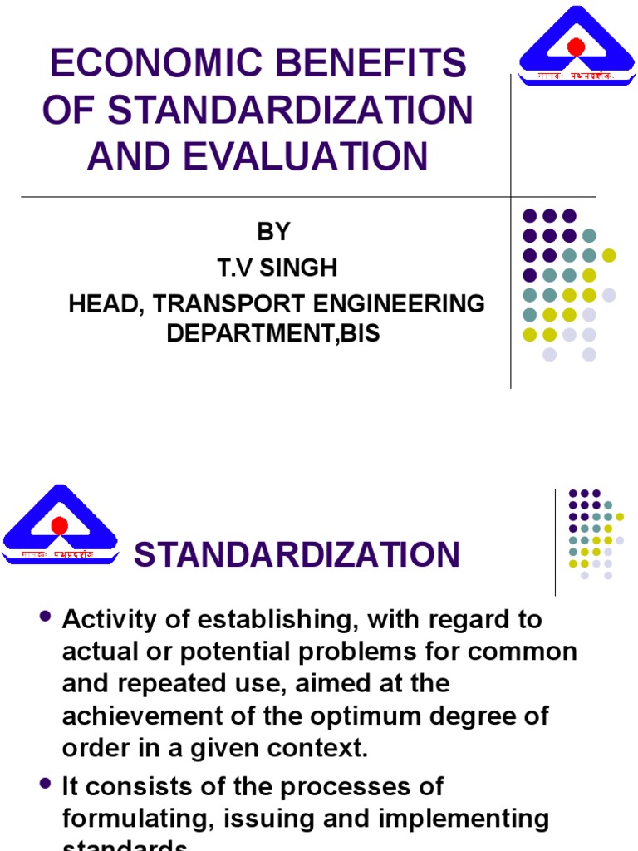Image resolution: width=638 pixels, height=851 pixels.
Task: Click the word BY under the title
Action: point(273,232)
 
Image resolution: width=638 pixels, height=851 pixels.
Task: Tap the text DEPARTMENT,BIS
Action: point(273,333)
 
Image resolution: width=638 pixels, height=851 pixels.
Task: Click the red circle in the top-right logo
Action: point(577,46)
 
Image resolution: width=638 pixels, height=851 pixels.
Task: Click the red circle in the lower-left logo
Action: point(59,525)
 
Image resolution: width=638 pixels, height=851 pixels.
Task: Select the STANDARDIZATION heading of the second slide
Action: point(297,555)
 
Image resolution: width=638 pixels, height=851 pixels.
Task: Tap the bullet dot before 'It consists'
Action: point(45,783)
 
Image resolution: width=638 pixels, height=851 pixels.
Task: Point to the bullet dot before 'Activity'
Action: point(45,617)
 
